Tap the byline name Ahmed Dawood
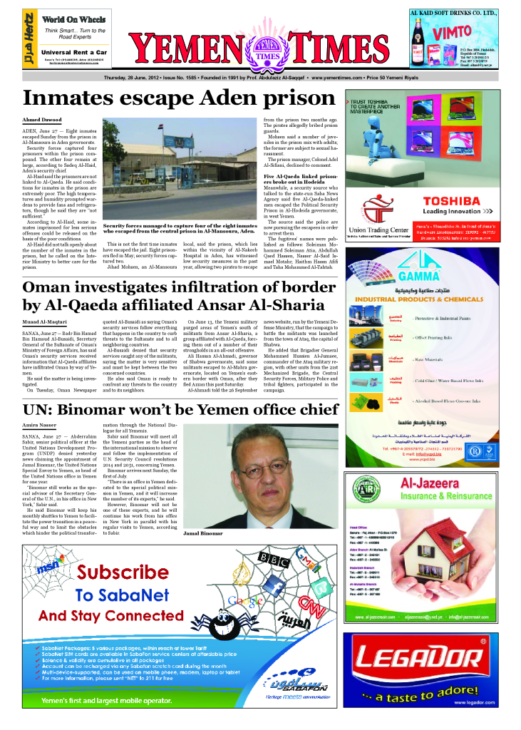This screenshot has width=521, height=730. click(x=42, y=120)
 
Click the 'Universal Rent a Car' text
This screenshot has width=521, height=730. click(x=74, y=52)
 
